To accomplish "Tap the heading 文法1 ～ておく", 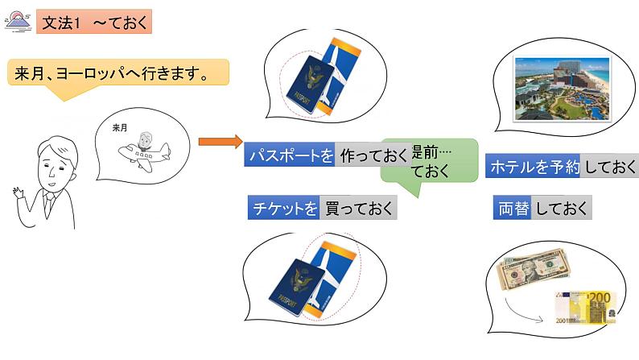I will [x=94, y=21].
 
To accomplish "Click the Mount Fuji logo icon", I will [x=18, y=20].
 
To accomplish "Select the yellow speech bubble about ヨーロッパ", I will [x=117, y=75].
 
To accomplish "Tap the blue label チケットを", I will [x=283, y=209].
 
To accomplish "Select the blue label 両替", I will [x=513, y=208].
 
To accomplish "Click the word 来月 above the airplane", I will [x=120, y=127].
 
